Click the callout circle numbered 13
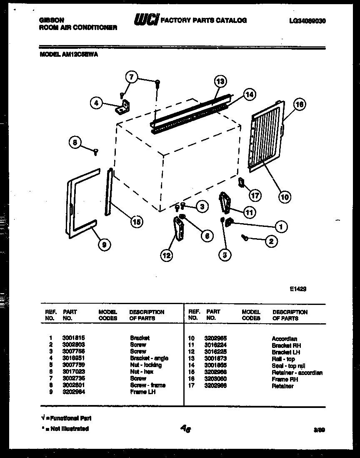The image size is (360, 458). click(x=220, y=82)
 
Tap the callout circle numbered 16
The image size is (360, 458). click(x=300, y=104)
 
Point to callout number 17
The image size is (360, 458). click(x=255, y=195)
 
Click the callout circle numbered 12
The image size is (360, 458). click(x=166, y=255)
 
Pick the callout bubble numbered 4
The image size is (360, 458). click(x=97, y=103)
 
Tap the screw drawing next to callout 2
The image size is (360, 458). click(x=245, y=237)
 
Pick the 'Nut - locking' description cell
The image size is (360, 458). click(x=145, y=365)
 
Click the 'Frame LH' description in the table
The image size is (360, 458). click(x=142, y=392)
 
